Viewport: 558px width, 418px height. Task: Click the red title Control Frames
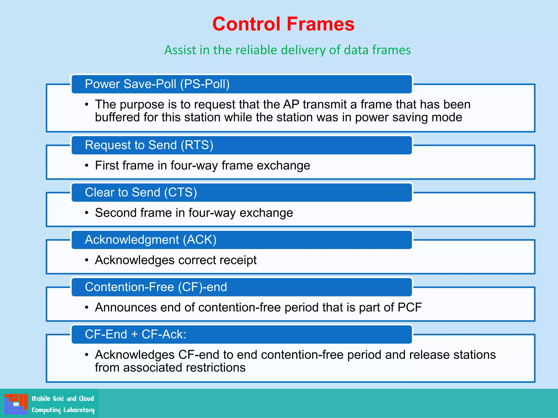[283, 24]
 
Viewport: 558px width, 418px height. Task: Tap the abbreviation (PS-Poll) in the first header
[205, 84]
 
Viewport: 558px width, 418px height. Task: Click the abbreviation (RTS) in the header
[197, 145]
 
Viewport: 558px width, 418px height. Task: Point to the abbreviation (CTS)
[180, 192]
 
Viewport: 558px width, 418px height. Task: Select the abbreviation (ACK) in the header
[199, 239]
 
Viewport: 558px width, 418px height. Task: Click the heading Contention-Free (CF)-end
[156, 287]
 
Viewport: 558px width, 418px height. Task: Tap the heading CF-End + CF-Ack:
[135, 334]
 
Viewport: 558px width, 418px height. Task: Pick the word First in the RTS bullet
[107, 165]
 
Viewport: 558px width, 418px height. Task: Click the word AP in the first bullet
[291, 104]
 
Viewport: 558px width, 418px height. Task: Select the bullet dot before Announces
[87, 308]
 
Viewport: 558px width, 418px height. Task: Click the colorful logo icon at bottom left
[16, 404]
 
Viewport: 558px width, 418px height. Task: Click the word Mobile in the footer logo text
[41, 399]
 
